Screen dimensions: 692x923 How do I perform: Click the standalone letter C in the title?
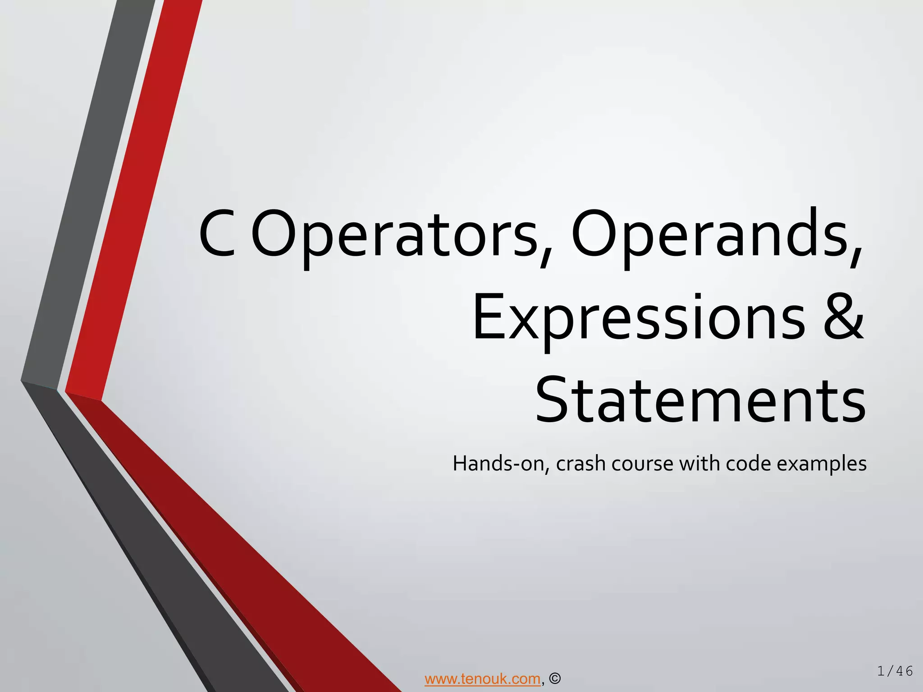click(x=217, y=234)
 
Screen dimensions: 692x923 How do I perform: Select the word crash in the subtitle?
click(x=581, y=464)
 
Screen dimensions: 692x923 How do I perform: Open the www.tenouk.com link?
click(x=482, y=678)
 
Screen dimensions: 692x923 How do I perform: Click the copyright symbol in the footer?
click(x=555, y=678)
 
